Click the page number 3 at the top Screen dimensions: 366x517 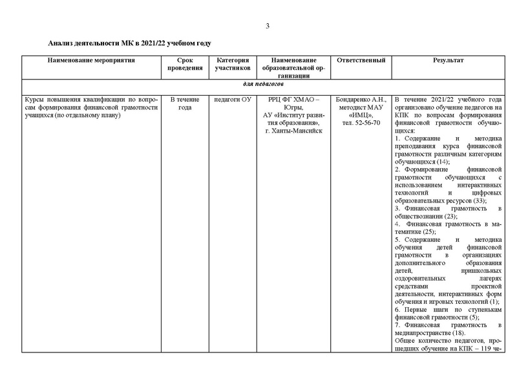pos(267,26)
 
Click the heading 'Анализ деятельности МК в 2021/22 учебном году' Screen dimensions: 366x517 pos(130,43)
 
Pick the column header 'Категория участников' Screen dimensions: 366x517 pos(233,64)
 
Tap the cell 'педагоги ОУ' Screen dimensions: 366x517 pos(233,100)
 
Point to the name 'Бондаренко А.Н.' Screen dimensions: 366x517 pos(357,100)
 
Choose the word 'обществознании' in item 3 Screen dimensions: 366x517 pos(420,216)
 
